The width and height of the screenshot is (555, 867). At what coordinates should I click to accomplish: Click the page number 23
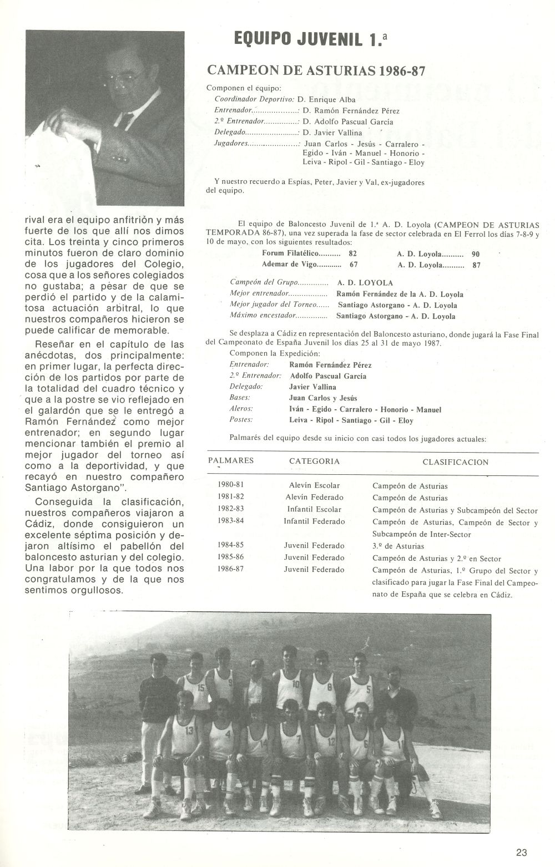click(521, 853)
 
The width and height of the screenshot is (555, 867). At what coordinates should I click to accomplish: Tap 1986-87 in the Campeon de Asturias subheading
click(405, 71)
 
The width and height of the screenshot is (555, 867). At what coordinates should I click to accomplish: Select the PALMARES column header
click(231, 461)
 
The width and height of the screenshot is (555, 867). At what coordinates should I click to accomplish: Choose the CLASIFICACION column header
click(455, 462)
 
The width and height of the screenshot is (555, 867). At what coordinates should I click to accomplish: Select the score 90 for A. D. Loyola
click(475, 253)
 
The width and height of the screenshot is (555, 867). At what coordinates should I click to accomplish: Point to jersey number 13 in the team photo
click(190, 731)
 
